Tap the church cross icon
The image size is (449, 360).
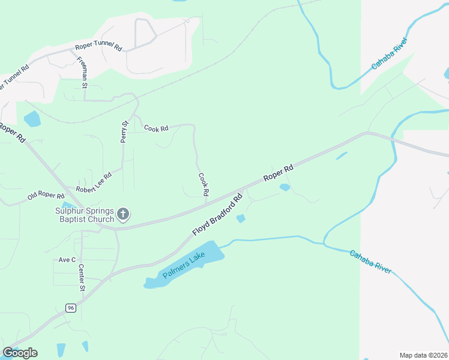pyautogui.click(x=123, y=214)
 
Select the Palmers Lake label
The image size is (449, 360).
pyautogui.click(x=184, y=265)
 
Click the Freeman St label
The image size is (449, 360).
pyautogui.click(x=82, y=73)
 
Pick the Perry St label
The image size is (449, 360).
pyautogui.click(x=125, y=132)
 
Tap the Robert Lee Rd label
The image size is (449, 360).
pyautogui.click(x=93, y=181)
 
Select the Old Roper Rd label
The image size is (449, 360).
pyautogui.click(x=46, y=196)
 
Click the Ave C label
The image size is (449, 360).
pyautogui.click(x=67, y=260)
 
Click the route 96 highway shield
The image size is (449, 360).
pyautogui.click(x=70, y=308)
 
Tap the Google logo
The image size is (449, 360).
pyautogui.click(x=20, y=353)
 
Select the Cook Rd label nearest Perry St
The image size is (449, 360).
pyautogui.click(x=156, y=128)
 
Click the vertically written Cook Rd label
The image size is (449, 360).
pyautogui.click(x=203, y=185)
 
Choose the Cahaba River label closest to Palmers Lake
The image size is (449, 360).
pyautogui.click(x=371, y=262)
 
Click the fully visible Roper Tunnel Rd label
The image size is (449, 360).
pyautogui.click(x=98, y=47)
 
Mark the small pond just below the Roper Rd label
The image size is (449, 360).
pyautogui.click(x=285, y=187)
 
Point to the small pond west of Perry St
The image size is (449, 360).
pyautogui.click(x=32, y=118)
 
